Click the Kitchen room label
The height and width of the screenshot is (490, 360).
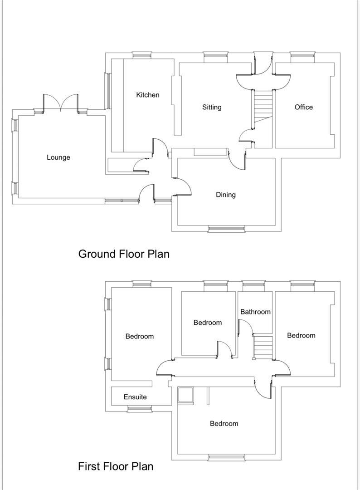(x=148, y=95)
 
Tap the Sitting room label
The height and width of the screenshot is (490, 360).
(x=212, y=107)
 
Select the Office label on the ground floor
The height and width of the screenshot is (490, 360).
(x=303, y=107)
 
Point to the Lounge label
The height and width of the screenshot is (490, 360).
(x=58, y=157)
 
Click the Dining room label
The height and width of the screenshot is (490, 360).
(x=225, y=195)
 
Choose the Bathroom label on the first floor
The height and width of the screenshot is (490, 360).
(x=255, y=312)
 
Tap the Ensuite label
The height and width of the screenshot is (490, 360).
(x=135, y=397)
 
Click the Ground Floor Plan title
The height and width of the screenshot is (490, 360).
(x=124, y=254)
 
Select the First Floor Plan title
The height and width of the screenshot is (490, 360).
(x=116, y=466)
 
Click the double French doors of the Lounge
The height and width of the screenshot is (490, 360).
(x=61, y=103)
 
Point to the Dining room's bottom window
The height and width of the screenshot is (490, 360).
(x=226, y=229)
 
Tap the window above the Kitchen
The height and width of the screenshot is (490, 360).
(x=142, y=55)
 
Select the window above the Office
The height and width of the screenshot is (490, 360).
(x=302, y=55)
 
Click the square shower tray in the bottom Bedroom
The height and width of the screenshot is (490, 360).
(x=186, y=395)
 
